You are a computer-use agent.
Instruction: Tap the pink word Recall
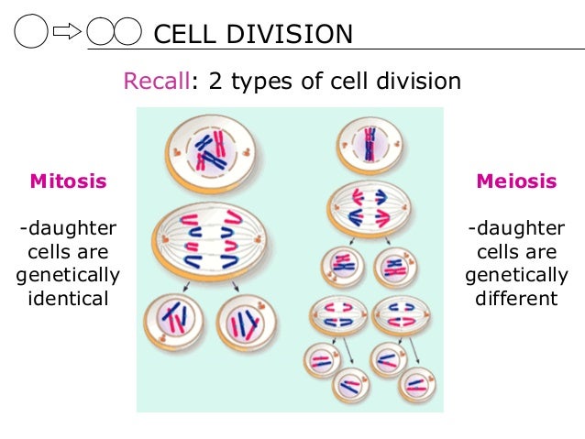pos(157,82)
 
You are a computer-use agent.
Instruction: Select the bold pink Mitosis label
pos(69,181)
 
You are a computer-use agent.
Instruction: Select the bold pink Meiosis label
pos(515,181)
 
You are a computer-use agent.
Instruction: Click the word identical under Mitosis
pos(69,299)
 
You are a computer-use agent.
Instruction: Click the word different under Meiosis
pos(515,299)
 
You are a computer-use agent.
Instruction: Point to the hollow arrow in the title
pos(67,34)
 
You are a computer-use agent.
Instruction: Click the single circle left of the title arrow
pos(31,34)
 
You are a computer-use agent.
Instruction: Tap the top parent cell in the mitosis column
pos(211,151)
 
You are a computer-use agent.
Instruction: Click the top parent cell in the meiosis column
pos(371,145)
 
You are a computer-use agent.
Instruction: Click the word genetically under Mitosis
pos(69,275)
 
